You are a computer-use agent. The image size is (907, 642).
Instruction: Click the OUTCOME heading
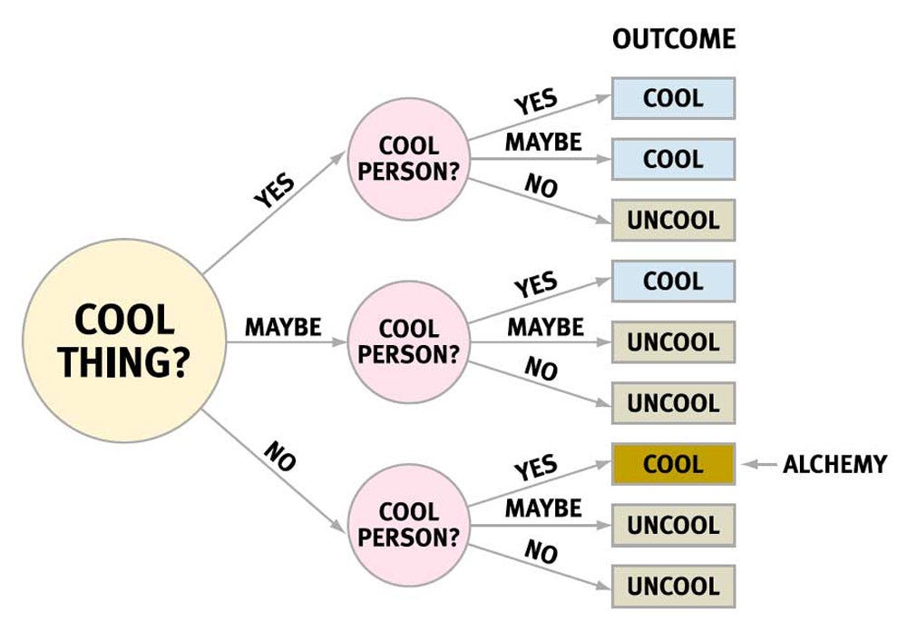click(x=674, y=39)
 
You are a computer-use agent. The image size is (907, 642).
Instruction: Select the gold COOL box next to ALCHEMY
click(x=673, y=464)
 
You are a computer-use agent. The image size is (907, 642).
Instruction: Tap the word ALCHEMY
click(x=834, y=464)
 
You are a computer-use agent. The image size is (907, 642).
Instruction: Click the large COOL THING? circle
click(x=123, y=341)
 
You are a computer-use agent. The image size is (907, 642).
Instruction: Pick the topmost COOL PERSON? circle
click(x=408, y=159)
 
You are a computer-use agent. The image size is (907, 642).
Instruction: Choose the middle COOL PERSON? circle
click(x=408, y=341)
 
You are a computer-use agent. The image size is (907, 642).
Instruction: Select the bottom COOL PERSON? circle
click(x=408, y=525)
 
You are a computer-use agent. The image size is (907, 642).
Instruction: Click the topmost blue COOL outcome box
click(x=673, y=98)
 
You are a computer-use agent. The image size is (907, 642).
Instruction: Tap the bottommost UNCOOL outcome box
click(x=673, y=586)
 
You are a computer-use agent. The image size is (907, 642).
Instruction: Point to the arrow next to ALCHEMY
click(x=759, y=464)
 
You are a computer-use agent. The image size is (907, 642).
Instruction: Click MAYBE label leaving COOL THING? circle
click(x=283, y=327)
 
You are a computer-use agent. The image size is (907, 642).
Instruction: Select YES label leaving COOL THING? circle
click(x=274, y=190)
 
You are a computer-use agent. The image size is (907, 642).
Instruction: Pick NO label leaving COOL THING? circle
click(x=280, y=456)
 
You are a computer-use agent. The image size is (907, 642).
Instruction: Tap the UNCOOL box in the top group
click(x=673, y=220)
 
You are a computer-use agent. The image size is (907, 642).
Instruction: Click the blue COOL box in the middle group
click(x=673, y=281)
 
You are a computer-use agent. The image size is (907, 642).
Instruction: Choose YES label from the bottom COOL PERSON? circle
click(x=536, y=467)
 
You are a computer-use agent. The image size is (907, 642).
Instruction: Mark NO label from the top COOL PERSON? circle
click(x=541, y=185)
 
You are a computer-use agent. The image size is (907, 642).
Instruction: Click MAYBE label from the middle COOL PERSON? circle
click(x=545, y=327)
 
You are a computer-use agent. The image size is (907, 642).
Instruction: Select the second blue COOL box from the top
click(x=673, y=159)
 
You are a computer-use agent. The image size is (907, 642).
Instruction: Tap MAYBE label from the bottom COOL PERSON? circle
click(x=543, y=509)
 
